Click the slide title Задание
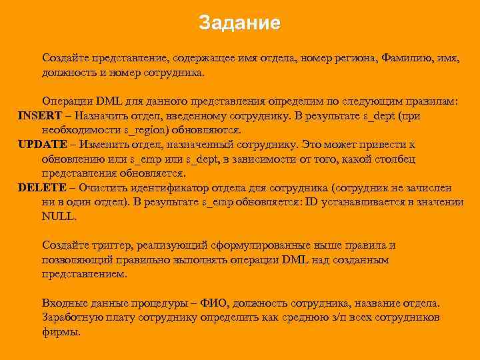[x=240, y=24]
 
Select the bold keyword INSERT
[x=39, y=115]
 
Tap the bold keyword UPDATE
[x=43, y=145]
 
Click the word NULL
[x=58, y=217]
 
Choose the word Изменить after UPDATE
[x=106, y=145]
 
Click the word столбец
[x=397, y=159]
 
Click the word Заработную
[x=71, y=317]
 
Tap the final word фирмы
[x=61, y=332]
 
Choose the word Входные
[x=63, y=303]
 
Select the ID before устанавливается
[x=313, y=203]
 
